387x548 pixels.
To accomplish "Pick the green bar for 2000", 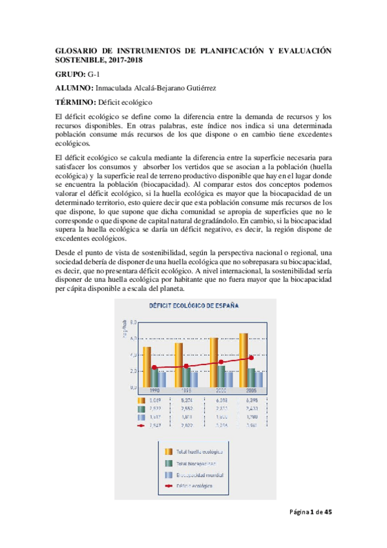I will point(221,375).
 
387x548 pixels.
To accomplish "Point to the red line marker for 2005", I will point(251,358).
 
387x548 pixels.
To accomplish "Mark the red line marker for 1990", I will point(154,368).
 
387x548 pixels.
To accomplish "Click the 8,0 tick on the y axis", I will point(132,321).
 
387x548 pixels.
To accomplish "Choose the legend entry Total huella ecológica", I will point(200,451).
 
